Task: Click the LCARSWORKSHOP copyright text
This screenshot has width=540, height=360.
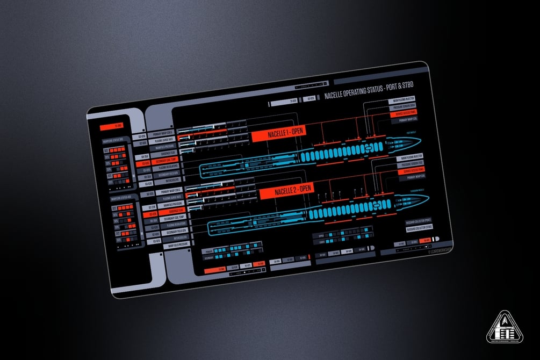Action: pyautogui.click(x=438, y=249)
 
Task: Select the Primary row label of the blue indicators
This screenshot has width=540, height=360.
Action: pyautogui.click(x=209, y=251)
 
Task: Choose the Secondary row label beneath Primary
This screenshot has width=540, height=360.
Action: pyautogui.click(x=210, y=258)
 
